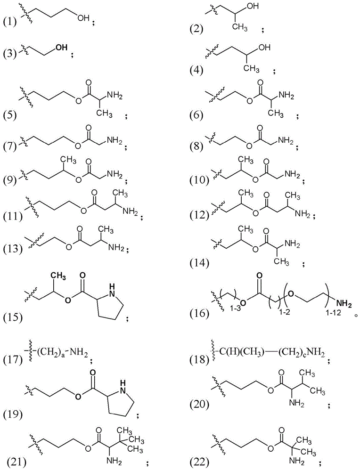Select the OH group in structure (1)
point(83,18)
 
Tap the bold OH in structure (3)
point(61,48)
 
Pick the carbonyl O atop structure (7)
point(88,128)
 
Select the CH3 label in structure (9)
point(69,159)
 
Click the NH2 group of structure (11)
point(130,211)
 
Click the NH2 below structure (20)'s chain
point(296,403)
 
